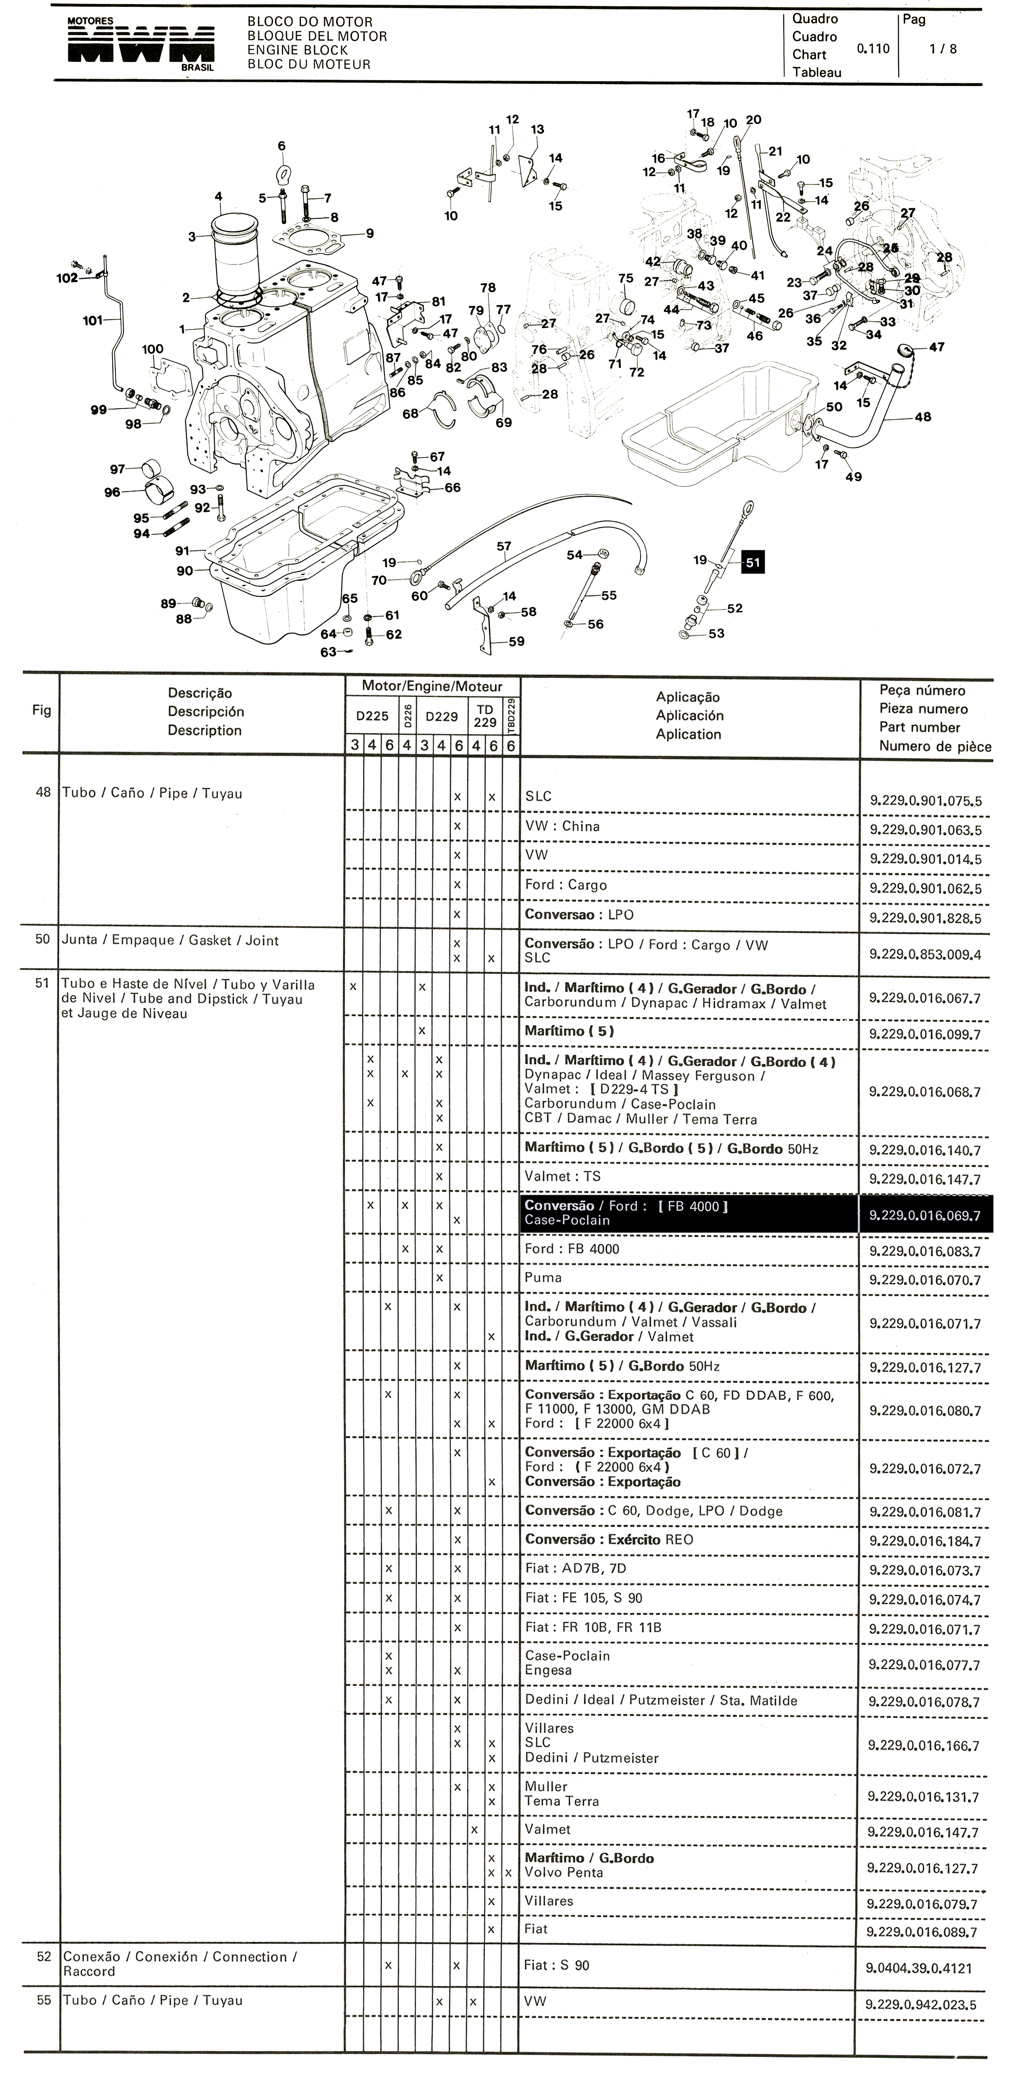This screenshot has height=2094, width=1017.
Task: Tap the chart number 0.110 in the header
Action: point(873,49)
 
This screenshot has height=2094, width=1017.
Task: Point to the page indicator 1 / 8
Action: point(943,49)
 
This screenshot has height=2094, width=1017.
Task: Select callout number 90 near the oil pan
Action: point(185,571)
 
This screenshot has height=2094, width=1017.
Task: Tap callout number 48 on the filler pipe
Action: point(922,417)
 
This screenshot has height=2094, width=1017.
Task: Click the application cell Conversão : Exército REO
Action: point(609,1540)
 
